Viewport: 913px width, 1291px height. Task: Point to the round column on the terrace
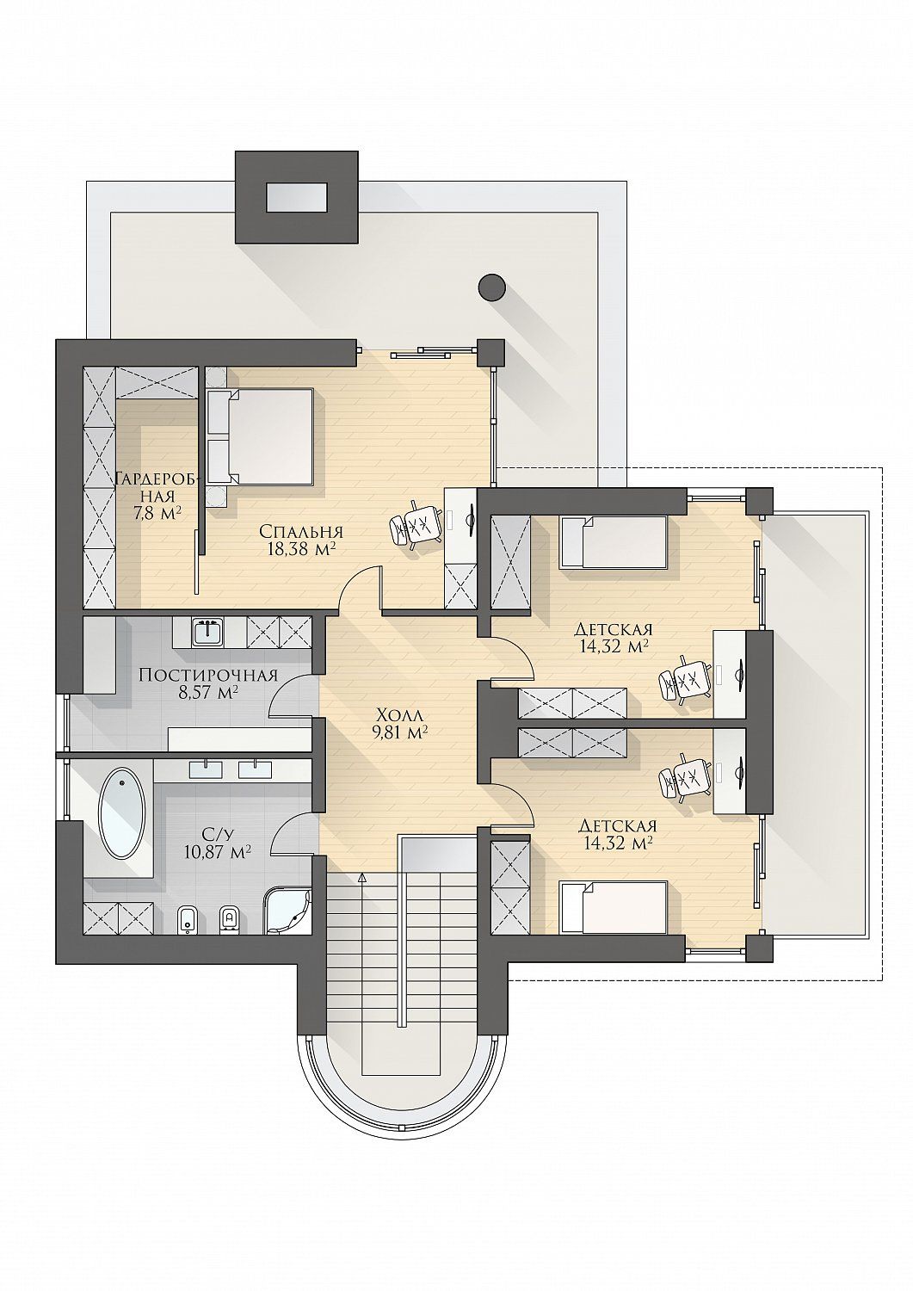pyautogui.click(x=492, y=287)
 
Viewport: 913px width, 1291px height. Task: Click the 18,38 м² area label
pyautogui.click(x=301, y=549)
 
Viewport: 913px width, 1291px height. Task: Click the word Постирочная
pyautogui.click(x=208, y=675)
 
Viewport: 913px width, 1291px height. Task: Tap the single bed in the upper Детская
pyautogui.click(x=614, y=542)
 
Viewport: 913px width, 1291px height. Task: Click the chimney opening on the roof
pyautogui.click(x=296, y=197)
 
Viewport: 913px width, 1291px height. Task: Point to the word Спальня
pyautogui.click(x=301, y=531)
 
